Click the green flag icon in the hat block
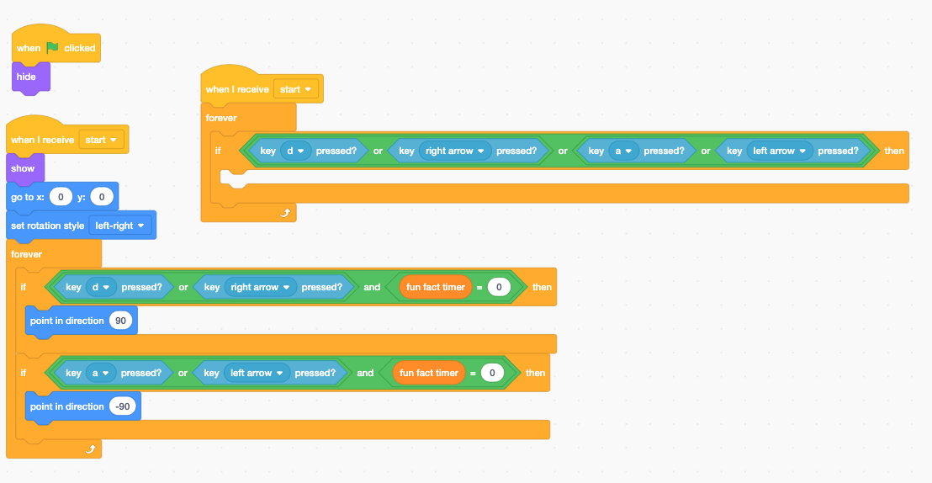[52, 47]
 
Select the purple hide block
[26, 77]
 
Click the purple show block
[23, 168]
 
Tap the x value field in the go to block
[61, 197]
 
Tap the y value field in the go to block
[102, 197]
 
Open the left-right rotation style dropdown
[120, 226]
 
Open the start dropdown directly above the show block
[101, 140]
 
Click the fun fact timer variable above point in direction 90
[436, 287]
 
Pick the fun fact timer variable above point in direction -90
[429, 373]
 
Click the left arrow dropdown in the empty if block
[779, 151]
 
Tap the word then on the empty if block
[894, 151]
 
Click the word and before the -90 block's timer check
[365, 373]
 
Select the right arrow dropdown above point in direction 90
[260, 287]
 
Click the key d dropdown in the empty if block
[296, 151]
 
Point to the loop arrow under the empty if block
[283, 214]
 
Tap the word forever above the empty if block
[221, 118]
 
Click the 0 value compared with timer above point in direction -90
[493, 373]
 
